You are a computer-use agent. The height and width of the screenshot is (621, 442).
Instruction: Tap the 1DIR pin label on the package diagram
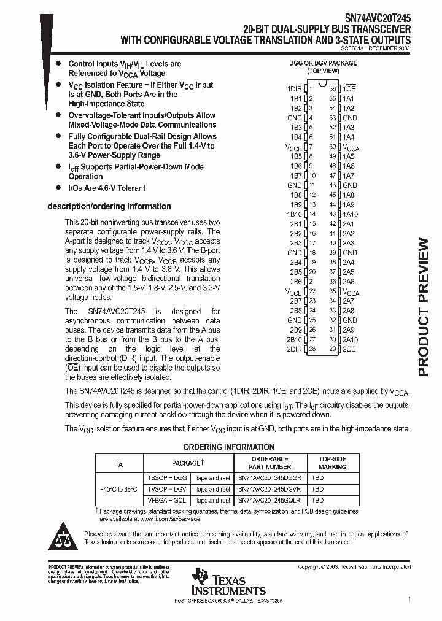(294, 88)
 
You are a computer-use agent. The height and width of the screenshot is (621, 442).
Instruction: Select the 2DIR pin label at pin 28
(294, 349)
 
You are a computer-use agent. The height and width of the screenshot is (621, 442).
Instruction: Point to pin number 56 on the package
(333, 88)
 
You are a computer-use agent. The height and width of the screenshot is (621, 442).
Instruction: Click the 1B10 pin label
(294, 214)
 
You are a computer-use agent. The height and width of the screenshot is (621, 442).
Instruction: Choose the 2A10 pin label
(350, 339)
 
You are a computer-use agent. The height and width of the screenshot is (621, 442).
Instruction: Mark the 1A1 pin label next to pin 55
(348, 98)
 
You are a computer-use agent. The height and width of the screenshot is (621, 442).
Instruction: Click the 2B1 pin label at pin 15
(296, 223)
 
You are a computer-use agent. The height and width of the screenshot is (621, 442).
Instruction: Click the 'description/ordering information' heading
(109, 206)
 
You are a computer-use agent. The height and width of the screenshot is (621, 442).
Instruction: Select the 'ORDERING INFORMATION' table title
(229, 447)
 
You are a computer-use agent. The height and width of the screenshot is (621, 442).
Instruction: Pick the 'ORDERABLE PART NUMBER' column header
(269, 463)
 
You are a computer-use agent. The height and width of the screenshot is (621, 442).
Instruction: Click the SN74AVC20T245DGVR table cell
(269, 489)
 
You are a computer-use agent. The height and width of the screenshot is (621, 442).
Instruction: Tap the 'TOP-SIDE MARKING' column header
(332, 463)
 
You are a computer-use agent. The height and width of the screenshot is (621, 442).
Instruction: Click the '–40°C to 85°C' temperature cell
(120, 489)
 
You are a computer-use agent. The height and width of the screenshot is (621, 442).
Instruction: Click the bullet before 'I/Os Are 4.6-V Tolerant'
(58, 188)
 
